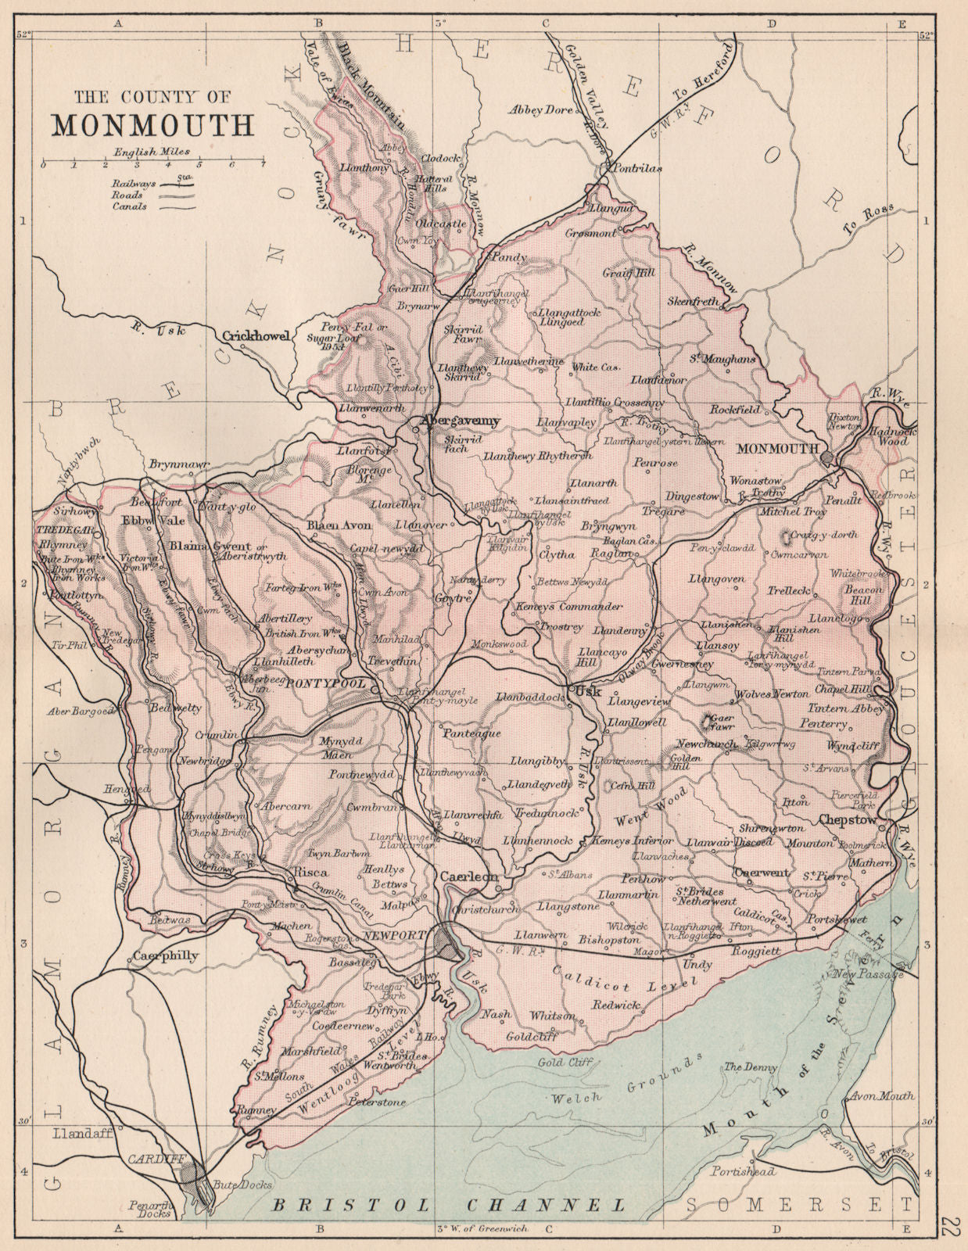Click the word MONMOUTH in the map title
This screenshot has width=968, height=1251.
pos(153,124)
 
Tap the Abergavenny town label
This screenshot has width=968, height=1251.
pos(460,421)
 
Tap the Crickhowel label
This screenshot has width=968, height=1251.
pos(256,336)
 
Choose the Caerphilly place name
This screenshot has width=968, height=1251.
pos(165,955)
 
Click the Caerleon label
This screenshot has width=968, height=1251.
pos(468,877)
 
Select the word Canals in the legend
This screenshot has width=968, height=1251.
pos(129,207)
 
